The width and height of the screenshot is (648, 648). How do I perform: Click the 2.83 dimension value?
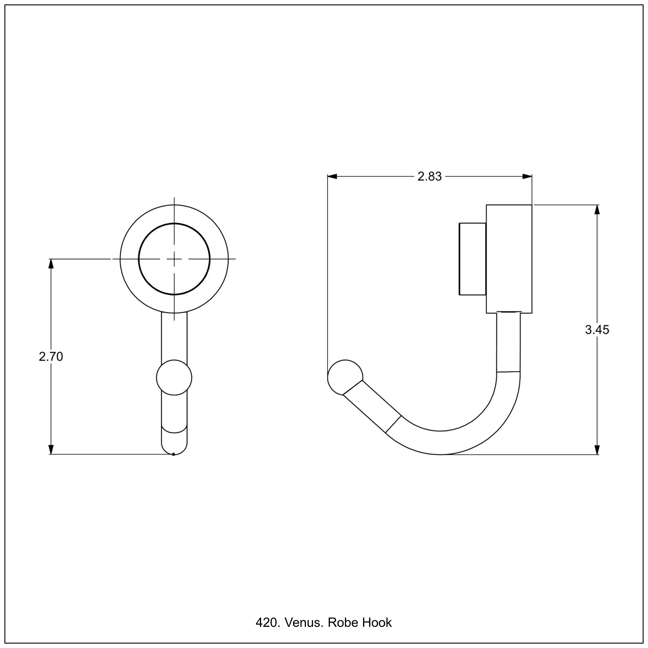[429, 176]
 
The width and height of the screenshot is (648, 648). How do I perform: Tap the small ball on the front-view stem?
[174, 377]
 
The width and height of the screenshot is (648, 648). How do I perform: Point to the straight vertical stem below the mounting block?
[508, 342]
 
